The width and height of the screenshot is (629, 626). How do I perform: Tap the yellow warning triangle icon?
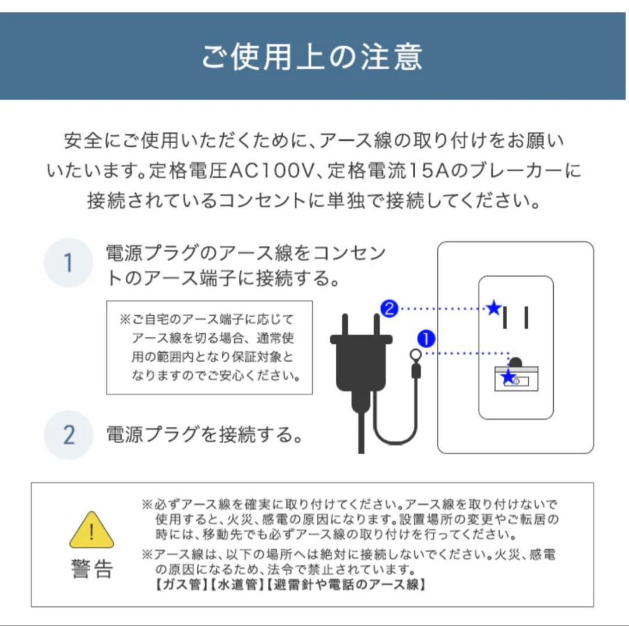[x=91, y=530]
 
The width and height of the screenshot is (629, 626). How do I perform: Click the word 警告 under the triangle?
[x=91, y=570]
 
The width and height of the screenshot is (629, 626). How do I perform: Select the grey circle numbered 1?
[x=68, y=263]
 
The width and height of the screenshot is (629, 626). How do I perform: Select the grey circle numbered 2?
[x=68, y=435]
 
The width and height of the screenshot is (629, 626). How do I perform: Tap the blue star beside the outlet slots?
[x=494, y=308]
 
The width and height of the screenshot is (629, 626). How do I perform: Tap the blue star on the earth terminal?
[x=508, y=378]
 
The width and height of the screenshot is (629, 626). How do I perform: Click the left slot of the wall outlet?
[x=506, y=317]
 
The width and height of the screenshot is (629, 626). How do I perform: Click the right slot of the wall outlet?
[x=526, y=317]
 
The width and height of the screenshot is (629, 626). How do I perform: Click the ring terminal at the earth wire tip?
[x=416, y=355]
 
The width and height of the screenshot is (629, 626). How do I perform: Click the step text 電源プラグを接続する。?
[x=204, y=434]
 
